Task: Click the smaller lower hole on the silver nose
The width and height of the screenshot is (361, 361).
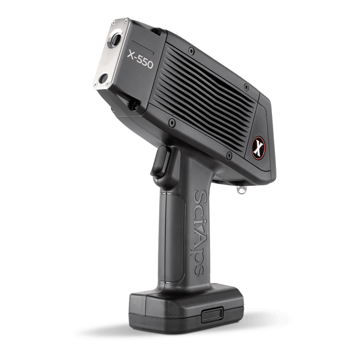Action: click(103, 79)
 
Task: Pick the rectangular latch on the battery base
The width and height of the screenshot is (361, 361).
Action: click(212, 315)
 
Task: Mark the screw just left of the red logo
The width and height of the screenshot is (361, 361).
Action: click(229, 155)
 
